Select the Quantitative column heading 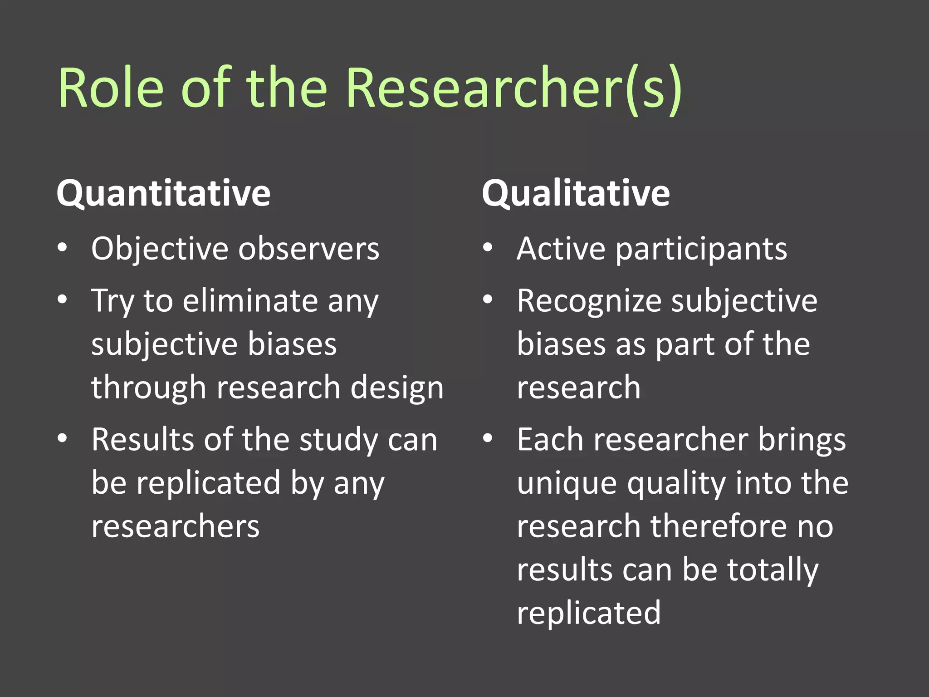[163, 193]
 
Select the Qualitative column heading [576, 193]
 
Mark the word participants [701, 250]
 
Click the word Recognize [589, 301]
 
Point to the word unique [567, 484]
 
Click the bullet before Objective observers [62, 248]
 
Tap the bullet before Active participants [488, 248]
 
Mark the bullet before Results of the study [62, 438]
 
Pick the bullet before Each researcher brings [488, 438]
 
